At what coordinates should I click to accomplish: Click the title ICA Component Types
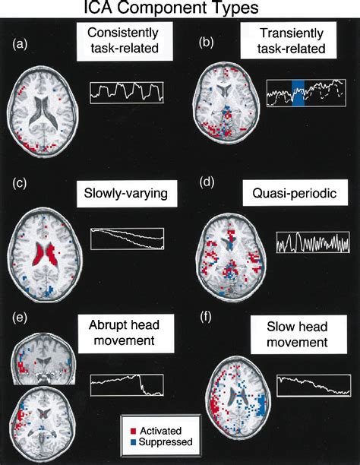180,10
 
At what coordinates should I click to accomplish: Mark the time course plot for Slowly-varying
126,238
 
